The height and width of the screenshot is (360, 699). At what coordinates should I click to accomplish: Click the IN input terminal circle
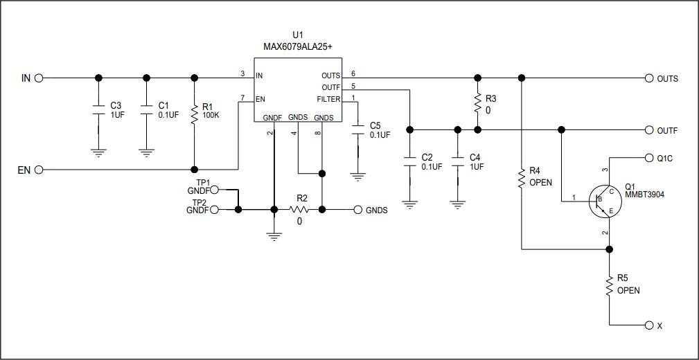point(39,78)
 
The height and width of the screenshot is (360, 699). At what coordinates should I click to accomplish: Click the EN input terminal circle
point(39,170)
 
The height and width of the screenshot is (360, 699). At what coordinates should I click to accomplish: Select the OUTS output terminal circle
point(649,78)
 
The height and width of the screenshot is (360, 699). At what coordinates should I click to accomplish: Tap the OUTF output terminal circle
point(649,129)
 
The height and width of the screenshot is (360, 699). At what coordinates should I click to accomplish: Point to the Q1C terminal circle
point(649,157)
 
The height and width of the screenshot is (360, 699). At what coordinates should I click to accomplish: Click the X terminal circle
point(649,325)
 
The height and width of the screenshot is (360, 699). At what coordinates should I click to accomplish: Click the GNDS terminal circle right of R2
point(357,210)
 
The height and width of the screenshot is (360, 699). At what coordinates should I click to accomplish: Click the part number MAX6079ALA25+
point(298,47)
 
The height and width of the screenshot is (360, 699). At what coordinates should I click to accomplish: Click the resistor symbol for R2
point(299,209)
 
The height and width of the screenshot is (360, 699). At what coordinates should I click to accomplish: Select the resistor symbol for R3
point(477,104)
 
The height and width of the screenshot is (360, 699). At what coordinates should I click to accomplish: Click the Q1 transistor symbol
point(601,201)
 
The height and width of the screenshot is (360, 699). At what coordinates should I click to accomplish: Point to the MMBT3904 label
point(644,196)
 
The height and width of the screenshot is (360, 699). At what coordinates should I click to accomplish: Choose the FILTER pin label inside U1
point(328,99)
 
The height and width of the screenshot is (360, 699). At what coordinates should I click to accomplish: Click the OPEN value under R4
point(540,183)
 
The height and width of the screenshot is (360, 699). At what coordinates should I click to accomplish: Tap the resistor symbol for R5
point(609,285)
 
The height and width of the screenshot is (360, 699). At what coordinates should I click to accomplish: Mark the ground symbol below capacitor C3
point(98,152)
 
